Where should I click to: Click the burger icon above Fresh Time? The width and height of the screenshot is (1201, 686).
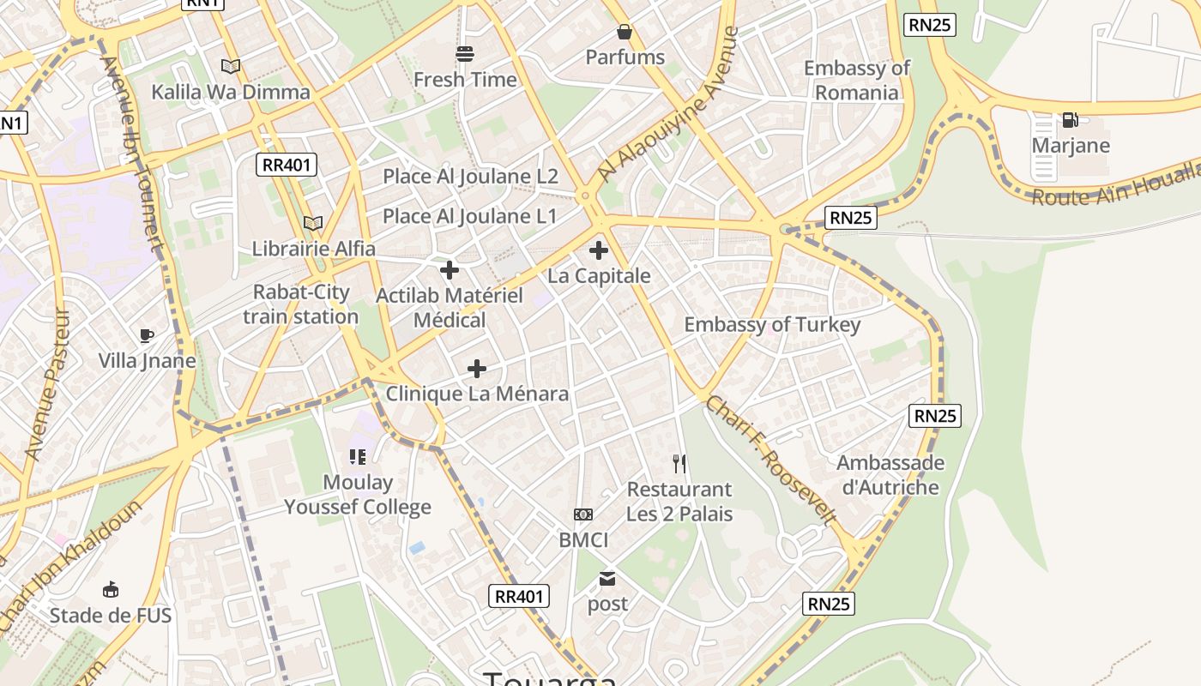pos(465,55)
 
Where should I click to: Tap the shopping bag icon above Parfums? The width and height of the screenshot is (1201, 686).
pos(625,33)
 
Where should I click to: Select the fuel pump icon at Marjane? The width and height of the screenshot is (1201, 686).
pos(1070,120)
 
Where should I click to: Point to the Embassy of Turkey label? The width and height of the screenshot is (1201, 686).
pos(771,325)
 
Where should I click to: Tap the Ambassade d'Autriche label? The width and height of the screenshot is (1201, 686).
pos(890,475)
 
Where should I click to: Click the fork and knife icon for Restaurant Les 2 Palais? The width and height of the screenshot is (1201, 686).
pos(679,464)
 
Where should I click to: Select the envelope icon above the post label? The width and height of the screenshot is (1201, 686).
pos(607,579)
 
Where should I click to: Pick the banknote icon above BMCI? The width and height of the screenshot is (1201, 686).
pos(583,514)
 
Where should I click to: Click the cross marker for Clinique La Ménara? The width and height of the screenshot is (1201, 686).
pos(477,369)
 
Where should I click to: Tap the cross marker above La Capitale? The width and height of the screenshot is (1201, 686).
pos(599,251)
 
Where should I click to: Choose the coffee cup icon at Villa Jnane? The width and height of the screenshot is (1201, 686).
pos(147,335)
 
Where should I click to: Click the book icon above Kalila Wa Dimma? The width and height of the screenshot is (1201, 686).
pos(230,66)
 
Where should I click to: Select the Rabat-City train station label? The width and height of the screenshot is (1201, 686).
pos(301,304)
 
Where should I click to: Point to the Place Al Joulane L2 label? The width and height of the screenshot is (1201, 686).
pos(470,177)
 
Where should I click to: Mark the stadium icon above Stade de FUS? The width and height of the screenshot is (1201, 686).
pos(111,590)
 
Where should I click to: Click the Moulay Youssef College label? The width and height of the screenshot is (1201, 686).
pos(358,495)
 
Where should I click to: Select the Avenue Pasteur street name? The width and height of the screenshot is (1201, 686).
pos(46,383)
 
